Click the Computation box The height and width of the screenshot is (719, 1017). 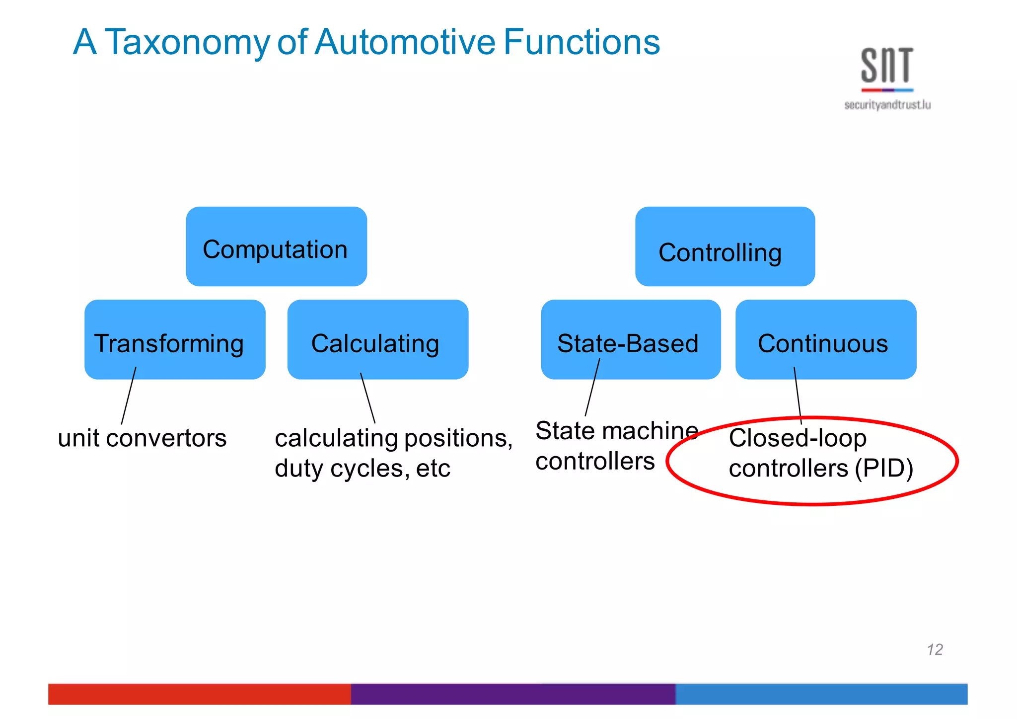click(276, 247)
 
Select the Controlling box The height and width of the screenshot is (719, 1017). click(725, 247)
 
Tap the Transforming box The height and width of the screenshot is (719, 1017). click(175, 339)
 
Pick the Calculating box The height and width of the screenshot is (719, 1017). click(377, 339)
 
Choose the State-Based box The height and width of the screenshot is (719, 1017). click(631, 339)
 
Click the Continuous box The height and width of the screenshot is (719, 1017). click(825, 339)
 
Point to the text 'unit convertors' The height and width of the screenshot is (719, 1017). click(142, 438)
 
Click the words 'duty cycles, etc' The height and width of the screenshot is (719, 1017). click(362, 469)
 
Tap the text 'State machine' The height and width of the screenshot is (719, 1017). click(616, 430)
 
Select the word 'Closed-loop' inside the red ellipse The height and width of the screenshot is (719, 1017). click(798, 438)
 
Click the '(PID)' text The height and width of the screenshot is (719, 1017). click(883, 469)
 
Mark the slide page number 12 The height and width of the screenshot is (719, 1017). click(934, 649)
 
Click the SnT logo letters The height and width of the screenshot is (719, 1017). click(887, 66)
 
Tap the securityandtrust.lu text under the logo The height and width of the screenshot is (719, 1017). click(887, 105)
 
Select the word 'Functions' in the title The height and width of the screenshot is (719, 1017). click(581, 42)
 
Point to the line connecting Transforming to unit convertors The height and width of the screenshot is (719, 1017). click(129, 396)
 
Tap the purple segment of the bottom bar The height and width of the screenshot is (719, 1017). click(512, 694)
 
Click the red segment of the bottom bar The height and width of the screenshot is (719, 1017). click(199, 694)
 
